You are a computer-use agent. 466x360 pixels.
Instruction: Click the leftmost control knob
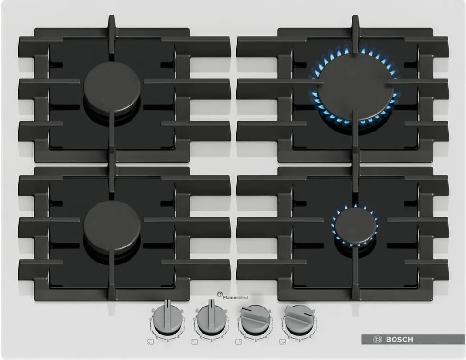[167, 317]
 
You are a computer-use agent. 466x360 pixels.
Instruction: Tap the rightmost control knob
[299, 317]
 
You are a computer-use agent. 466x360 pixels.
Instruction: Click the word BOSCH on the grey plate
[399, 339]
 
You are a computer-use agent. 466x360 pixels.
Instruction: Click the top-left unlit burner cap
[112, 88]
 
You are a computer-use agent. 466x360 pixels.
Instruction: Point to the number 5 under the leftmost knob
[167, 340]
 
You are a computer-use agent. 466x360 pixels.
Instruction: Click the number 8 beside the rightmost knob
[284, 320]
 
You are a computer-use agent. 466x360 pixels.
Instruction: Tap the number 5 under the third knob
[255, 340]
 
